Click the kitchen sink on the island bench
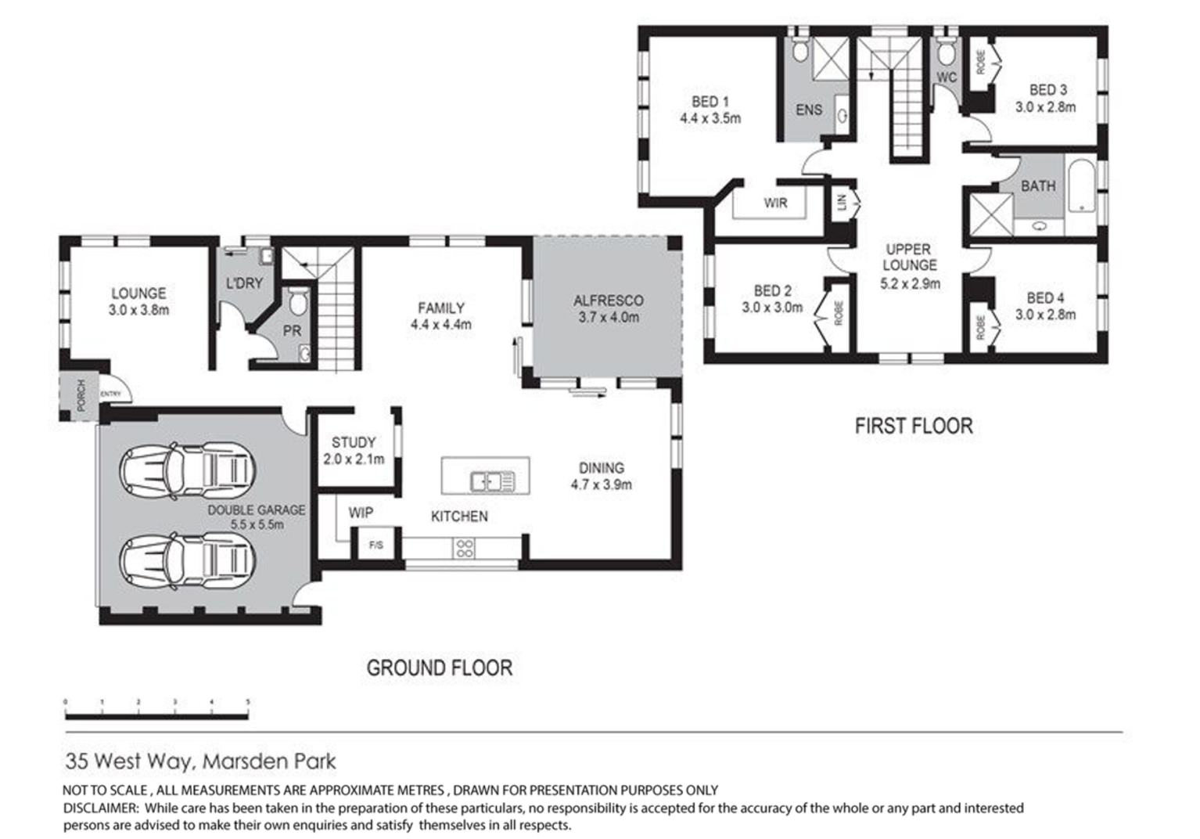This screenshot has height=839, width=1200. point(492,481)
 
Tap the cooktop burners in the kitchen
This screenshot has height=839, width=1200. point(464,548)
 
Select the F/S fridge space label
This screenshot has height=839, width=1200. point(376,545)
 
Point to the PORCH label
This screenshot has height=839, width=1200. point(81,395)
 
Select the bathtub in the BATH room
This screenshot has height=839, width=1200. point(1081,186)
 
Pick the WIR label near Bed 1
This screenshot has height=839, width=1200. point(775,203)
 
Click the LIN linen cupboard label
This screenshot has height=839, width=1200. point(842,202)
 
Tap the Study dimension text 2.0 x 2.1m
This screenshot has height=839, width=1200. point(354,459)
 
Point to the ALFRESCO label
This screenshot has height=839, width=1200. point(609,301)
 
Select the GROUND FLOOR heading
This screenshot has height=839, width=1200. point(440,668)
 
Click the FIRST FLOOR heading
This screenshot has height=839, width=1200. point(914,427)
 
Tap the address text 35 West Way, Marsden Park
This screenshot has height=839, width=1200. point(201,761)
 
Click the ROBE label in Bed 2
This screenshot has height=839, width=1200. point(838,314)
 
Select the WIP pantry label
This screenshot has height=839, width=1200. point(361,513)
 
